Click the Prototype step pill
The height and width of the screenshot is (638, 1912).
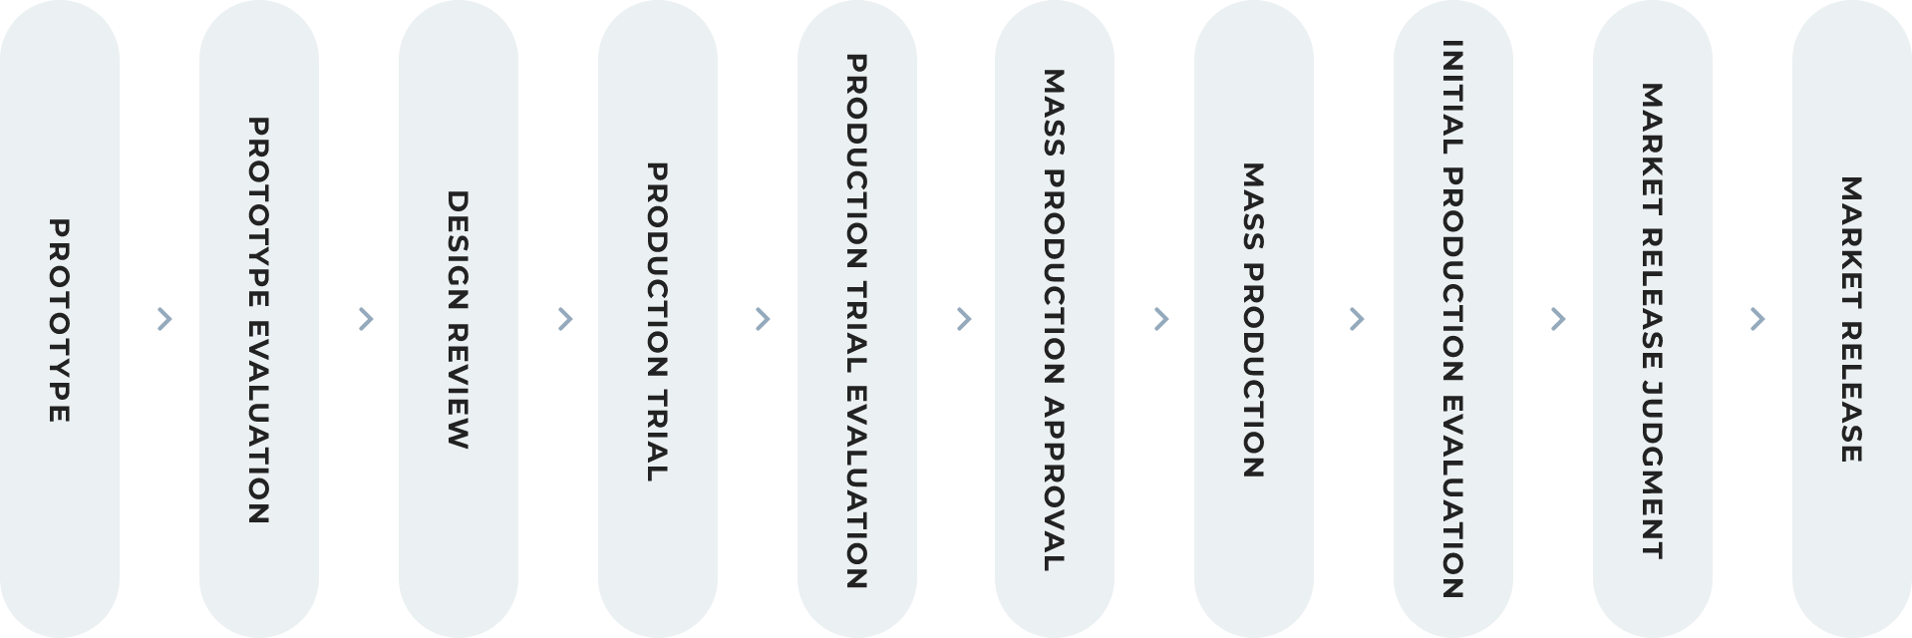coord(60,319)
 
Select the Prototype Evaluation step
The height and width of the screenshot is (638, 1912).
coord(259,319)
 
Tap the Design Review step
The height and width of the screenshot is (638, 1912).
coord(459,319)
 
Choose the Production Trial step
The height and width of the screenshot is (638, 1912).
coord(658,319)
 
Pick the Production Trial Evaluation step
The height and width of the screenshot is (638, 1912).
coord(857,319)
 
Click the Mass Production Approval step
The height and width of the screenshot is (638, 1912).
coord(1055,319)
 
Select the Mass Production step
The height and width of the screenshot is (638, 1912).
coord(1254,319)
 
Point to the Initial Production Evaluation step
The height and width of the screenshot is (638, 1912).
coord(1453,319)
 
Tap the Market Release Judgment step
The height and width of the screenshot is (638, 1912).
coord(1653,319)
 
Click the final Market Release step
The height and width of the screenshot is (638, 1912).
coord(1852,319)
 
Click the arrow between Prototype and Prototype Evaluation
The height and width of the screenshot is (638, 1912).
coord(165,319)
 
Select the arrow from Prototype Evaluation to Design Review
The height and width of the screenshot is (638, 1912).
coord(365,319)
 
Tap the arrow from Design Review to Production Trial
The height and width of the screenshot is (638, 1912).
coord(565,319)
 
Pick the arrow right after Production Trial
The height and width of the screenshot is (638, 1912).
coord(764,319)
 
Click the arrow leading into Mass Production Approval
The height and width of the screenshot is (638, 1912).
coord(963,319)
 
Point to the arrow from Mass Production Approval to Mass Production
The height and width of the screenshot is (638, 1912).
coord(1160,319)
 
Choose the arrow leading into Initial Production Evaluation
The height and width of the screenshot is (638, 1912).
coord(1356,319)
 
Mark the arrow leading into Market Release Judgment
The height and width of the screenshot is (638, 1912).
coord(1559,319)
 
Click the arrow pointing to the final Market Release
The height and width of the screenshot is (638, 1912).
coord(1757,319)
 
